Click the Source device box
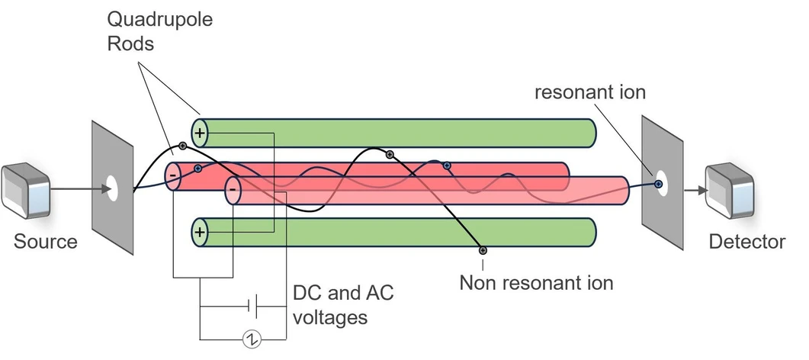[x=25, y=191]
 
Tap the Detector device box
[x=730, y=191]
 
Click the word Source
[x=46, y=242]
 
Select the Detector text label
[x=747, y=242]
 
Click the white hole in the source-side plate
[x=112, y=188]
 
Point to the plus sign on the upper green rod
[x=200, y=133]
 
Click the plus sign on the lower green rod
[x=200, y=232]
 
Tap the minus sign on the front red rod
[x=233, y=190]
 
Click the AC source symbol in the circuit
[x=252, y=339]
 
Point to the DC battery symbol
[x=253, y=307]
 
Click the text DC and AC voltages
[x=343, y=305]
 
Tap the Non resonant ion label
[x=536, y=283]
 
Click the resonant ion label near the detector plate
[x=589, y=92]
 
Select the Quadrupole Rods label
[x=160, y=31]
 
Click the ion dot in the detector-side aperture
[x=658, y=184]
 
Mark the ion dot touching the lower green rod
[x=483, y=251]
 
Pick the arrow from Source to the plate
[x=82, y=188]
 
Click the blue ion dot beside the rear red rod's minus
[x=197, y=168]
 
